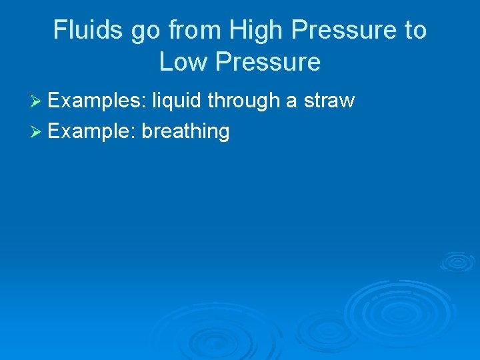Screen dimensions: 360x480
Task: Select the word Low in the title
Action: [x=183, y=63]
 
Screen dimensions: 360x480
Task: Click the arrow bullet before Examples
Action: [x=38, y=101]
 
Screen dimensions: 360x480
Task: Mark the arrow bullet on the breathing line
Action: [x=38, y=131]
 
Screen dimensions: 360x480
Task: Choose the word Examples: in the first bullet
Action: [x=97, y=101]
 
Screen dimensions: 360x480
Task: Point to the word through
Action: [x=243, y=101]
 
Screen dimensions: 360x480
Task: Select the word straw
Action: [x=329, y=101]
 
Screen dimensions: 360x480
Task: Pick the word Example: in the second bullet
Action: [x=92, y=131]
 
